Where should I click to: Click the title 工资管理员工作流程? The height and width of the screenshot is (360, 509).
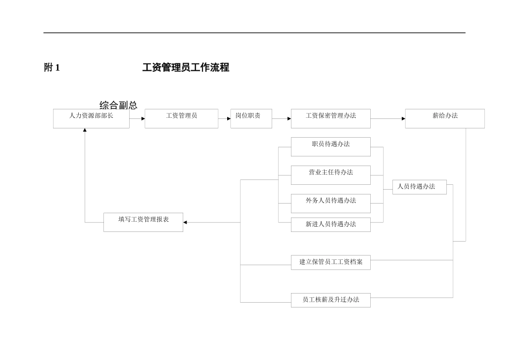(x=185, y=67)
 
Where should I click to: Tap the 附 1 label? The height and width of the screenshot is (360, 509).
(x=52, y=67)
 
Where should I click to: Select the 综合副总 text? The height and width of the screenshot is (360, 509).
(x=118, y=105)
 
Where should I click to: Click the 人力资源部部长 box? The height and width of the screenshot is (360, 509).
(x=91, y=118)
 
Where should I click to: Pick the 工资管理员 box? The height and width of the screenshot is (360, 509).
(x=181, y=118)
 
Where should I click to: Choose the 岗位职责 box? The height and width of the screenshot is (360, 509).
(x=251, y=118)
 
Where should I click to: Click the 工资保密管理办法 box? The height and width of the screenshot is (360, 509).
(x=331, y=118)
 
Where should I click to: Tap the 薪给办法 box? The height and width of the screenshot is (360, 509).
(x=445, y=118)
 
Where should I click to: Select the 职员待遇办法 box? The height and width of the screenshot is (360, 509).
(x=331, y=147)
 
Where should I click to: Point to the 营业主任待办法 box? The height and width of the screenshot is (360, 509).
(x=331, y=175)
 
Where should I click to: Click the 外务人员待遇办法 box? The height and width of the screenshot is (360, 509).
(x=331, y=203)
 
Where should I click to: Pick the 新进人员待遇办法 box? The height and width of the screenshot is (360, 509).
(x=331, y=224)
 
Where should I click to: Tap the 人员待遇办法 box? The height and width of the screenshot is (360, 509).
(x=419, y=187)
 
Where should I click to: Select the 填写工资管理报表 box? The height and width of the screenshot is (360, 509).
(x=143, y=222)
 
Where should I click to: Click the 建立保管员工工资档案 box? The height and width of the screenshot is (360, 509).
(x=331, y=262)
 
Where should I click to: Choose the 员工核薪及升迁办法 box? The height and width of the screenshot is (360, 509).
(x=331, y=300)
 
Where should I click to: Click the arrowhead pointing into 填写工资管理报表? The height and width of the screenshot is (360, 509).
(x=185, y=222)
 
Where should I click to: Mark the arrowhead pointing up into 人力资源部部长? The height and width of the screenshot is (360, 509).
(x=85, y=130)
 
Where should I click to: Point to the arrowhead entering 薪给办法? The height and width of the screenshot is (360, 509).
(x=403, y=119)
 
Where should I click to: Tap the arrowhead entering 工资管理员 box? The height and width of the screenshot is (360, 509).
(x=143, y=119)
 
